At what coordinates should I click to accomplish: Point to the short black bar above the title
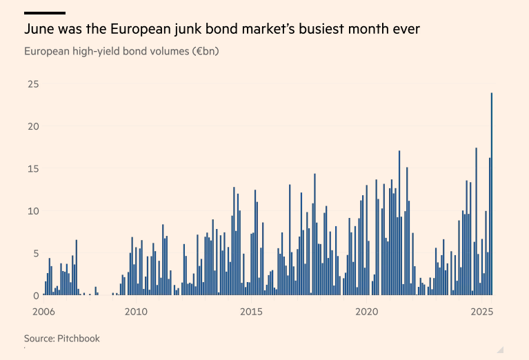point(44,12)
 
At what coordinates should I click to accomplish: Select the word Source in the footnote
point(39,339)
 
